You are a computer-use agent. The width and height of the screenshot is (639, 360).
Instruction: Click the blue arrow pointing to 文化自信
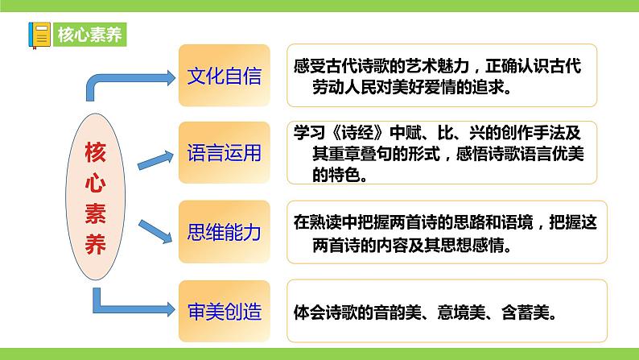[x=129, y=81]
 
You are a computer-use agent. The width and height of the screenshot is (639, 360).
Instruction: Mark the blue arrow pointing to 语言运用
[x=158, y=159]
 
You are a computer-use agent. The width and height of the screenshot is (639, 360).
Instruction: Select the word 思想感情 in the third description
[x=482, y=244]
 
